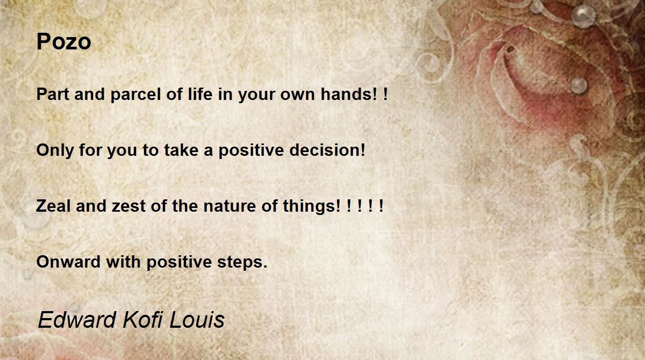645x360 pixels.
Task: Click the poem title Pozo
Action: coord(63,41)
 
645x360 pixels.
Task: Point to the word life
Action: coord(200,94)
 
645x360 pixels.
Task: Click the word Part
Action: coord(53,94)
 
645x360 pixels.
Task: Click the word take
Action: coord(181,150)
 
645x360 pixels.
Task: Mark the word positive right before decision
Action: coord(251,150)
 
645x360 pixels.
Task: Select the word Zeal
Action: coord(53,206)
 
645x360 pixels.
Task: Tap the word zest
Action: coord(128,207)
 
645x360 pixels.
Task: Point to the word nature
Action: coord(230,207)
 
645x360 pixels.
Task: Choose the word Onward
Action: coord(69,262)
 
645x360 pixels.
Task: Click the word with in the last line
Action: coord(123,262)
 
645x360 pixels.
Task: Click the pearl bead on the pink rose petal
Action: coord(578,85)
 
